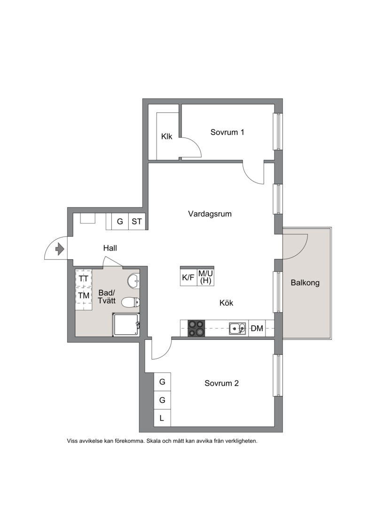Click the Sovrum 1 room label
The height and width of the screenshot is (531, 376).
pyautogui.click(x=227, y=132)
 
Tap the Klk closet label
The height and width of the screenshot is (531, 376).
pyautogui.click(x=166, y=137)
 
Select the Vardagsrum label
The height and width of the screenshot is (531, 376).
pyautogui.click(x=210, y=214)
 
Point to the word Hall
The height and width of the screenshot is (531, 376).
pyautogui.click(x=110, y=248)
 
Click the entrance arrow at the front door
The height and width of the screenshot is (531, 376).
pyautogui.click(x=60, y=249)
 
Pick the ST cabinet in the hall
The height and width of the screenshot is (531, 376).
pyautogui.click(x=137, y=222)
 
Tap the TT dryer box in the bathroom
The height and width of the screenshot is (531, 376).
pyautogui.click(x=83, y=278)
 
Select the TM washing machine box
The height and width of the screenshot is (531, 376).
pyautogui.click(x=83, y=295)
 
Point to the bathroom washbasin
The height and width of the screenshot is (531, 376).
pyautogui.click(x=133, y=281)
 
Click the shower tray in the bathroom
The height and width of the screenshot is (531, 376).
pyautogui.click(x=125, y=325)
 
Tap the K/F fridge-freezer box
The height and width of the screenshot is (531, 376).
pyautogui.click(x=188, y=277)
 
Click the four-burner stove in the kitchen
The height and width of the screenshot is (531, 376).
pyautogui.click(x=196, y=328)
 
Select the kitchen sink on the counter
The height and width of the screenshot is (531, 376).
pyautogui.click(x=237, y=328)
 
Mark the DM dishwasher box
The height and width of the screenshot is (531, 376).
pyautogui.click(x=257, y=328)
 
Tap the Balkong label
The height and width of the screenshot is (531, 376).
pyautogui.click(x=305, y=283)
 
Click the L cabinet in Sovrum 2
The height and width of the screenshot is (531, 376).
pyautogui.click(x=162, y=418)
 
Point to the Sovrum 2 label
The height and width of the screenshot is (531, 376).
pyautogui.click(x=222, y=384)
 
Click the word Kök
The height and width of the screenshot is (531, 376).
pyautogui.click(x=226, y=303)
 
